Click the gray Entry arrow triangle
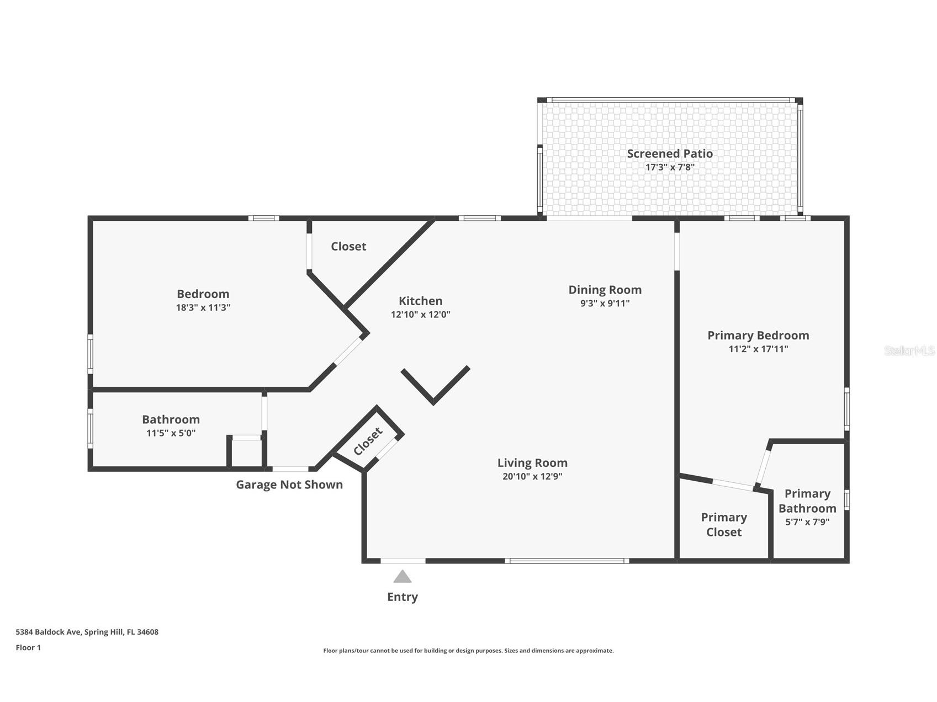[403, 577]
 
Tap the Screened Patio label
[670, 153]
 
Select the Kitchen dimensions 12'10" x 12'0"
[421, 315]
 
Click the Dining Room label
[605, 290]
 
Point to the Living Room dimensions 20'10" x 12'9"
[532, 476]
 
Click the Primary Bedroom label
[758, 336]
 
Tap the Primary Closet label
[724, 524]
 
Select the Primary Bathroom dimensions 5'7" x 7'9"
[807, 522]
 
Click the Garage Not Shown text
[289, 485]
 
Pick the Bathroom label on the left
[171, 419]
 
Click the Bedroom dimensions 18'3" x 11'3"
[203, 307]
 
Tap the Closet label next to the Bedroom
[348, 246]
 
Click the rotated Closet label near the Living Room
[368, 442]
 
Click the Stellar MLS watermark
[909, 350]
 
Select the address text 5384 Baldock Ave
[49, 632]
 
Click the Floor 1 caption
[28, 647]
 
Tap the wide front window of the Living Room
[567, 561]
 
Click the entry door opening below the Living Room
[403, 561]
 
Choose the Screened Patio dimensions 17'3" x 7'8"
[670, 167]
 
